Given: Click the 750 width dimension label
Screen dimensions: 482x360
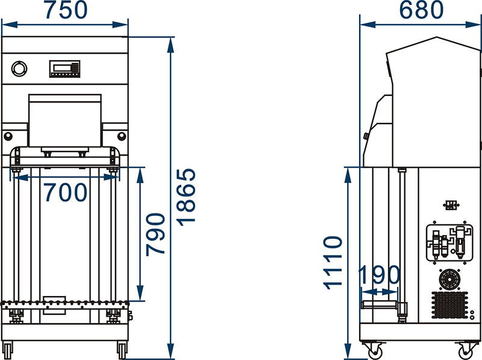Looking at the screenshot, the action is (66, 10).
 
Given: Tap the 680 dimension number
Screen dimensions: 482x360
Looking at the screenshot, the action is (421, 10).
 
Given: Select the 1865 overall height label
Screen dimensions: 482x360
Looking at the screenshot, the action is (186, 197).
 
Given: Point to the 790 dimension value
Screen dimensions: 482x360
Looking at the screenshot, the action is (155, 235).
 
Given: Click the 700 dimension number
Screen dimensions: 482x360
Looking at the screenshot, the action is (66, 192).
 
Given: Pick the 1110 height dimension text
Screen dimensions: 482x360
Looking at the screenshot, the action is (333, 263).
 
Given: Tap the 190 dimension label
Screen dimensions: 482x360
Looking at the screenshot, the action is (380, 275).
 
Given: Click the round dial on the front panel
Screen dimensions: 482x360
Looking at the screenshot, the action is (19, 69).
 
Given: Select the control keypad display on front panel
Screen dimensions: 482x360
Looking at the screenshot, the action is (64, 69).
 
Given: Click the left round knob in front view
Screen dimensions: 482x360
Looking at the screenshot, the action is (8, 136).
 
